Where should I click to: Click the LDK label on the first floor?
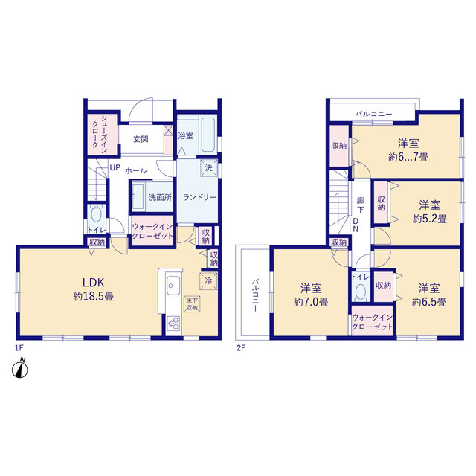pos(94,283)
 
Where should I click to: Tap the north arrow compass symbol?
pos(20,369)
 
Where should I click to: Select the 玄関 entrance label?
pos(141,139)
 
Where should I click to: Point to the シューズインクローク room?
pos(103,134)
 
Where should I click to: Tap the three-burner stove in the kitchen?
pos(173,323)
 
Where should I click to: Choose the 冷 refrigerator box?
pos(208,281)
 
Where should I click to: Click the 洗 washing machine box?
pos(209,167)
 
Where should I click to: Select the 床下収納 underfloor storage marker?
pos(192,304)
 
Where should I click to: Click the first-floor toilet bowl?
pos(96,214)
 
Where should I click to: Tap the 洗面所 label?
pos(160,197)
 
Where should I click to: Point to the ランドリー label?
pos(200,197)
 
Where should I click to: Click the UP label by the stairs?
pos(115,167)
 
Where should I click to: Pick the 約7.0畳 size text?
pos(311,302)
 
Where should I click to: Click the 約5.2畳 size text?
pos(430,219)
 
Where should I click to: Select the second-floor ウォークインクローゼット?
pos(372,322)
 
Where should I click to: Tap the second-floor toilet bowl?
pos(361,292)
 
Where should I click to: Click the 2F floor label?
pos(241,348)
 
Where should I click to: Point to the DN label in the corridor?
pos(356,225)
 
